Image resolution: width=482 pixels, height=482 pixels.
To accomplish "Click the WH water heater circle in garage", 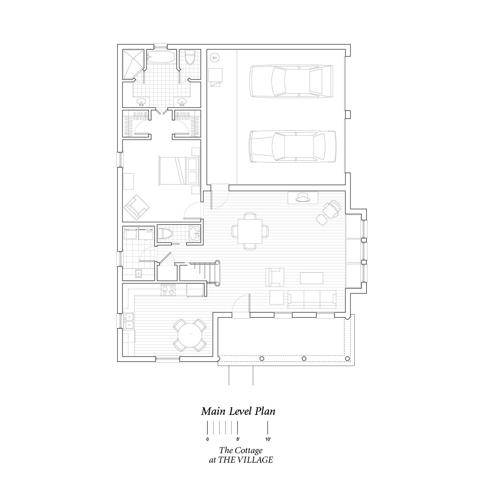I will pyautogui.click(x=214, y=58).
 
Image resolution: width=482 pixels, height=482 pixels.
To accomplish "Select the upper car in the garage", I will pyautogui.click(x=291, y=81).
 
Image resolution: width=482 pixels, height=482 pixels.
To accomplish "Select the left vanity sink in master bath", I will pyautogui.click(x=141, y=102).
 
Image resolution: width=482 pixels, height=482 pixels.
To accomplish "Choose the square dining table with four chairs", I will pyautogui.click(x=250, y=231).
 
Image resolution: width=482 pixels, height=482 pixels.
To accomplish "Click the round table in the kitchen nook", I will pyautogui.click(x=190, y=335).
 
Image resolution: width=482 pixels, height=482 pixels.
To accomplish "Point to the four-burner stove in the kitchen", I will pyautogui.click(x=168, y=290).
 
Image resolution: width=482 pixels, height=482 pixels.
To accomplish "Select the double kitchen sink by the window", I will pyautogui.click(x=129, y=321).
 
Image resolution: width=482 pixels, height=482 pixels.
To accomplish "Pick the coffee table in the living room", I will pyautogui.click(x=312, y=278).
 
